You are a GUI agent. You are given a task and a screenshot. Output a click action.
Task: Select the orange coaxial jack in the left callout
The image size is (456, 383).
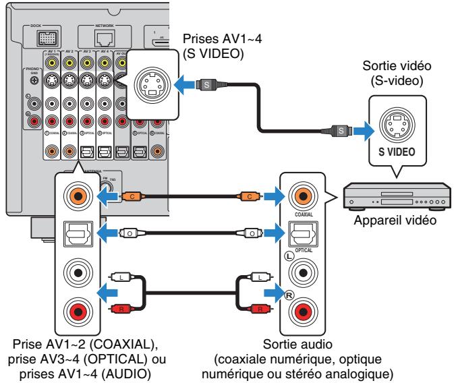[74, 196]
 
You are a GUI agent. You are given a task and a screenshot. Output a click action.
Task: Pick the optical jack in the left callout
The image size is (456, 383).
[74, 231]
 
